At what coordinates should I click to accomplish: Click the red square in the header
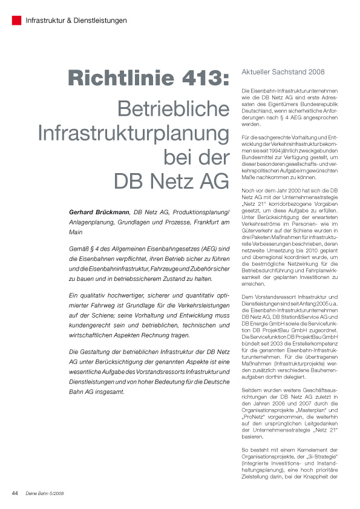click(x=17, y=20)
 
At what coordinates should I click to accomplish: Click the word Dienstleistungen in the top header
click(x=100, y=21)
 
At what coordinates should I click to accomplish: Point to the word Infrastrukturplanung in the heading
click(x=134, y=133)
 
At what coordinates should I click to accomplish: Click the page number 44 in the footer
click(x=16, y=493)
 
